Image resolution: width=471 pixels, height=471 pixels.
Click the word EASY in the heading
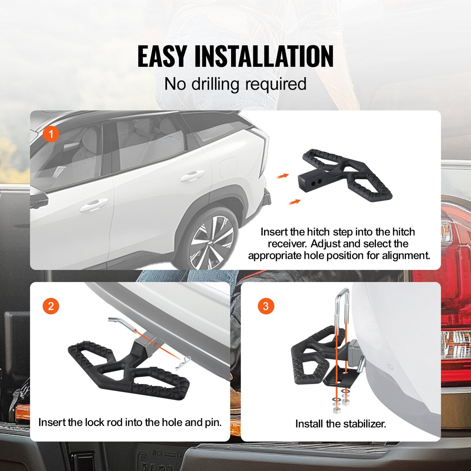coord(162,56)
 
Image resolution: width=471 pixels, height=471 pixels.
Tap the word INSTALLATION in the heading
coord(264,56)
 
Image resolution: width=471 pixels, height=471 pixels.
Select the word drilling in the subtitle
coord(216,84)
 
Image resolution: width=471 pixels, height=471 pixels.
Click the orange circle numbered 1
coord(51,134)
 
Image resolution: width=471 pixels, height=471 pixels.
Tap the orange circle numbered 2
coord(51,306)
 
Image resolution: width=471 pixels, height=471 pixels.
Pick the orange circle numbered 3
coord(266,306)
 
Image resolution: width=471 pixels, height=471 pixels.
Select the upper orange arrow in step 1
coord(283,176)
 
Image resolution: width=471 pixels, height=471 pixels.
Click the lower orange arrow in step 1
coord(294,202)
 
